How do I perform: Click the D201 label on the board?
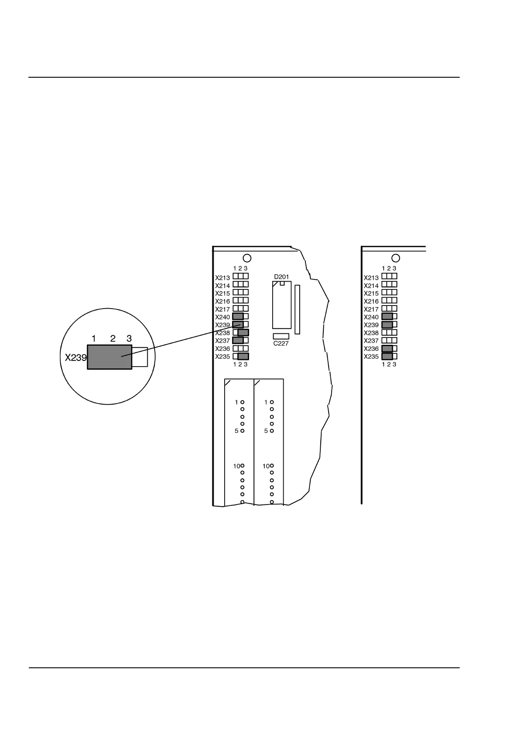click(x=281, y=277)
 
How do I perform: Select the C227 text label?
click(x=281, y=343)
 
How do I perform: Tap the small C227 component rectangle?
click(x=281, y=336)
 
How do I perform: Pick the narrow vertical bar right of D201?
click(x=297, y=309)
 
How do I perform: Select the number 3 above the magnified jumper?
click(x=129, y=338)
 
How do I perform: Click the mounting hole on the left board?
click(x=247, y=258)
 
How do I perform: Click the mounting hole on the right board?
click(x=395, y=258)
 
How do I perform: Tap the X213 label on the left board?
click(x=222, y=278)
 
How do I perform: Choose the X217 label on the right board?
click(x=371, y=309)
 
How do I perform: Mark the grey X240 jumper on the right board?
click(x=387, y=316)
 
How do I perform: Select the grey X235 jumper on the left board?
click(x=243, y=356)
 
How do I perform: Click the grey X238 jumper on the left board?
click(x=243, y=333)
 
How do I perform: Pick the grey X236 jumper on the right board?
click(x=387, y=348)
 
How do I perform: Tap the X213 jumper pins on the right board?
click(x=389, y=276)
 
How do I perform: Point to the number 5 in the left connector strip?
click(x=236, y=431)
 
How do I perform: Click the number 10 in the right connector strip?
click(x=266, y=466)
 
